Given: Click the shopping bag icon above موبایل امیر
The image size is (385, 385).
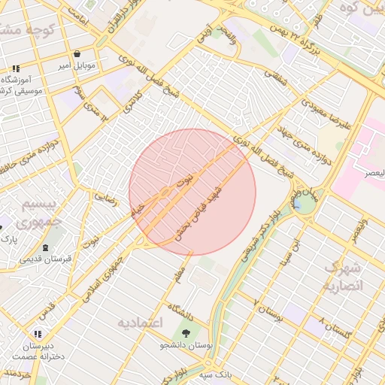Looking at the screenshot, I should [77, 53].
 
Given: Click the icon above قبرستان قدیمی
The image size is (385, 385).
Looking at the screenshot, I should [46, 247].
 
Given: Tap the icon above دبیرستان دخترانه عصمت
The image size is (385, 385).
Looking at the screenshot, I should [37, 334].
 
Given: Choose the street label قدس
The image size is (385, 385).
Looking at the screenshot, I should [47, 309].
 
